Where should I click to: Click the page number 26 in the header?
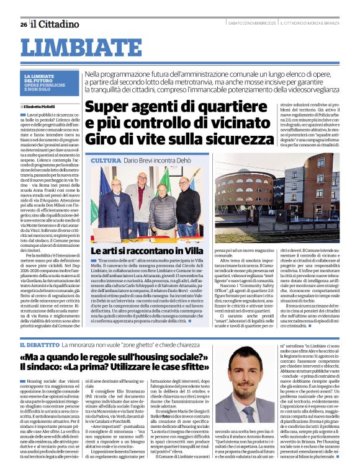[x=23, y=24]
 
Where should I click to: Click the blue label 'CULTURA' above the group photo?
[x=107, y=161]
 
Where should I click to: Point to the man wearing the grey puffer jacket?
[x=163, y=208]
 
